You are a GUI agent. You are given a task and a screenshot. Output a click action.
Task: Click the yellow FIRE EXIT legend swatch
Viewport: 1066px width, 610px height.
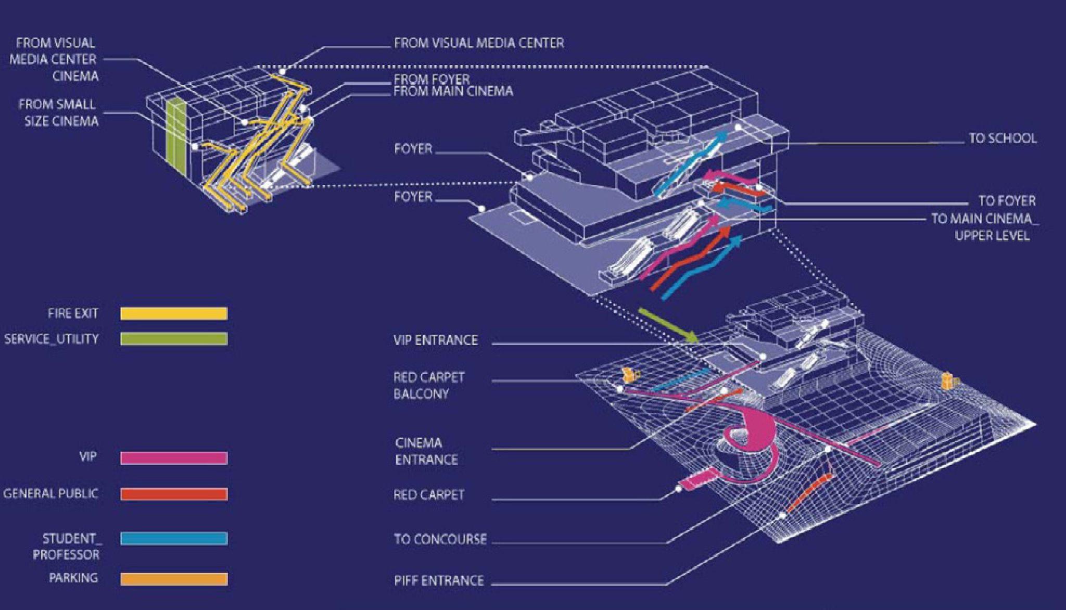coord(174,313)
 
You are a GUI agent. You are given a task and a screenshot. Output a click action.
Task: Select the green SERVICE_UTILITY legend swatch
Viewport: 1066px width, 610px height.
coord(174,339)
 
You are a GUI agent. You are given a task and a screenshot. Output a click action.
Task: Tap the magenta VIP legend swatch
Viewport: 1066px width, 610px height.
coord(174,457)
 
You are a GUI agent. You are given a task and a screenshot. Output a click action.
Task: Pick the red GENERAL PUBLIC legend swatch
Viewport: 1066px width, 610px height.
coord(174,494)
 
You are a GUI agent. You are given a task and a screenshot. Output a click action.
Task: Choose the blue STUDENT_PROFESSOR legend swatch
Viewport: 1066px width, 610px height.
coord(174,538)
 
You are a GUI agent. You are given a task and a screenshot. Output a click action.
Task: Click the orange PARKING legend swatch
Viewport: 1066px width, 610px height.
coord(174,579)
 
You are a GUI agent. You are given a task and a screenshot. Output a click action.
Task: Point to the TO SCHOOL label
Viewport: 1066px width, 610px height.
coord(1002,138)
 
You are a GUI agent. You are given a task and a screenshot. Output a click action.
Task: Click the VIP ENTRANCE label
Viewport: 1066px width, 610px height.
coord(435,340)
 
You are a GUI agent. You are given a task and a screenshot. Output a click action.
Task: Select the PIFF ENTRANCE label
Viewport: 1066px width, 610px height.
coord(439,580)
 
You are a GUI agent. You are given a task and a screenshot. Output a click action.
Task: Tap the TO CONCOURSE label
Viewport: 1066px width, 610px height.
coord(440,539)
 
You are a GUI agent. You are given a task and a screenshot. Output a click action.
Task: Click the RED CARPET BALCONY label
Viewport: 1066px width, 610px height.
coord(429,385)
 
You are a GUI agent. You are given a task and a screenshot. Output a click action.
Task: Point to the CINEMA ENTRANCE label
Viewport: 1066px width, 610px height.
coord(426,451)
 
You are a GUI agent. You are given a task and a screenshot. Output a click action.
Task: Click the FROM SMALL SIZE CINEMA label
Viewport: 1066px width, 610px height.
coord(58,113)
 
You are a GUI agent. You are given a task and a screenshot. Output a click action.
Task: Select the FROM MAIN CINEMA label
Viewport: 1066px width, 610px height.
coord(453,92)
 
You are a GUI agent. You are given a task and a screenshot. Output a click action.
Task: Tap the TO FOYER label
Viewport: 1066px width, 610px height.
coord(1007,200)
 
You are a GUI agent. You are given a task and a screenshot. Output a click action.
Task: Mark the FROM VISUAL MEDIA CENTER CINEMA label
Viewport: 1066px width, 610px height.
coord(54,59)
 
